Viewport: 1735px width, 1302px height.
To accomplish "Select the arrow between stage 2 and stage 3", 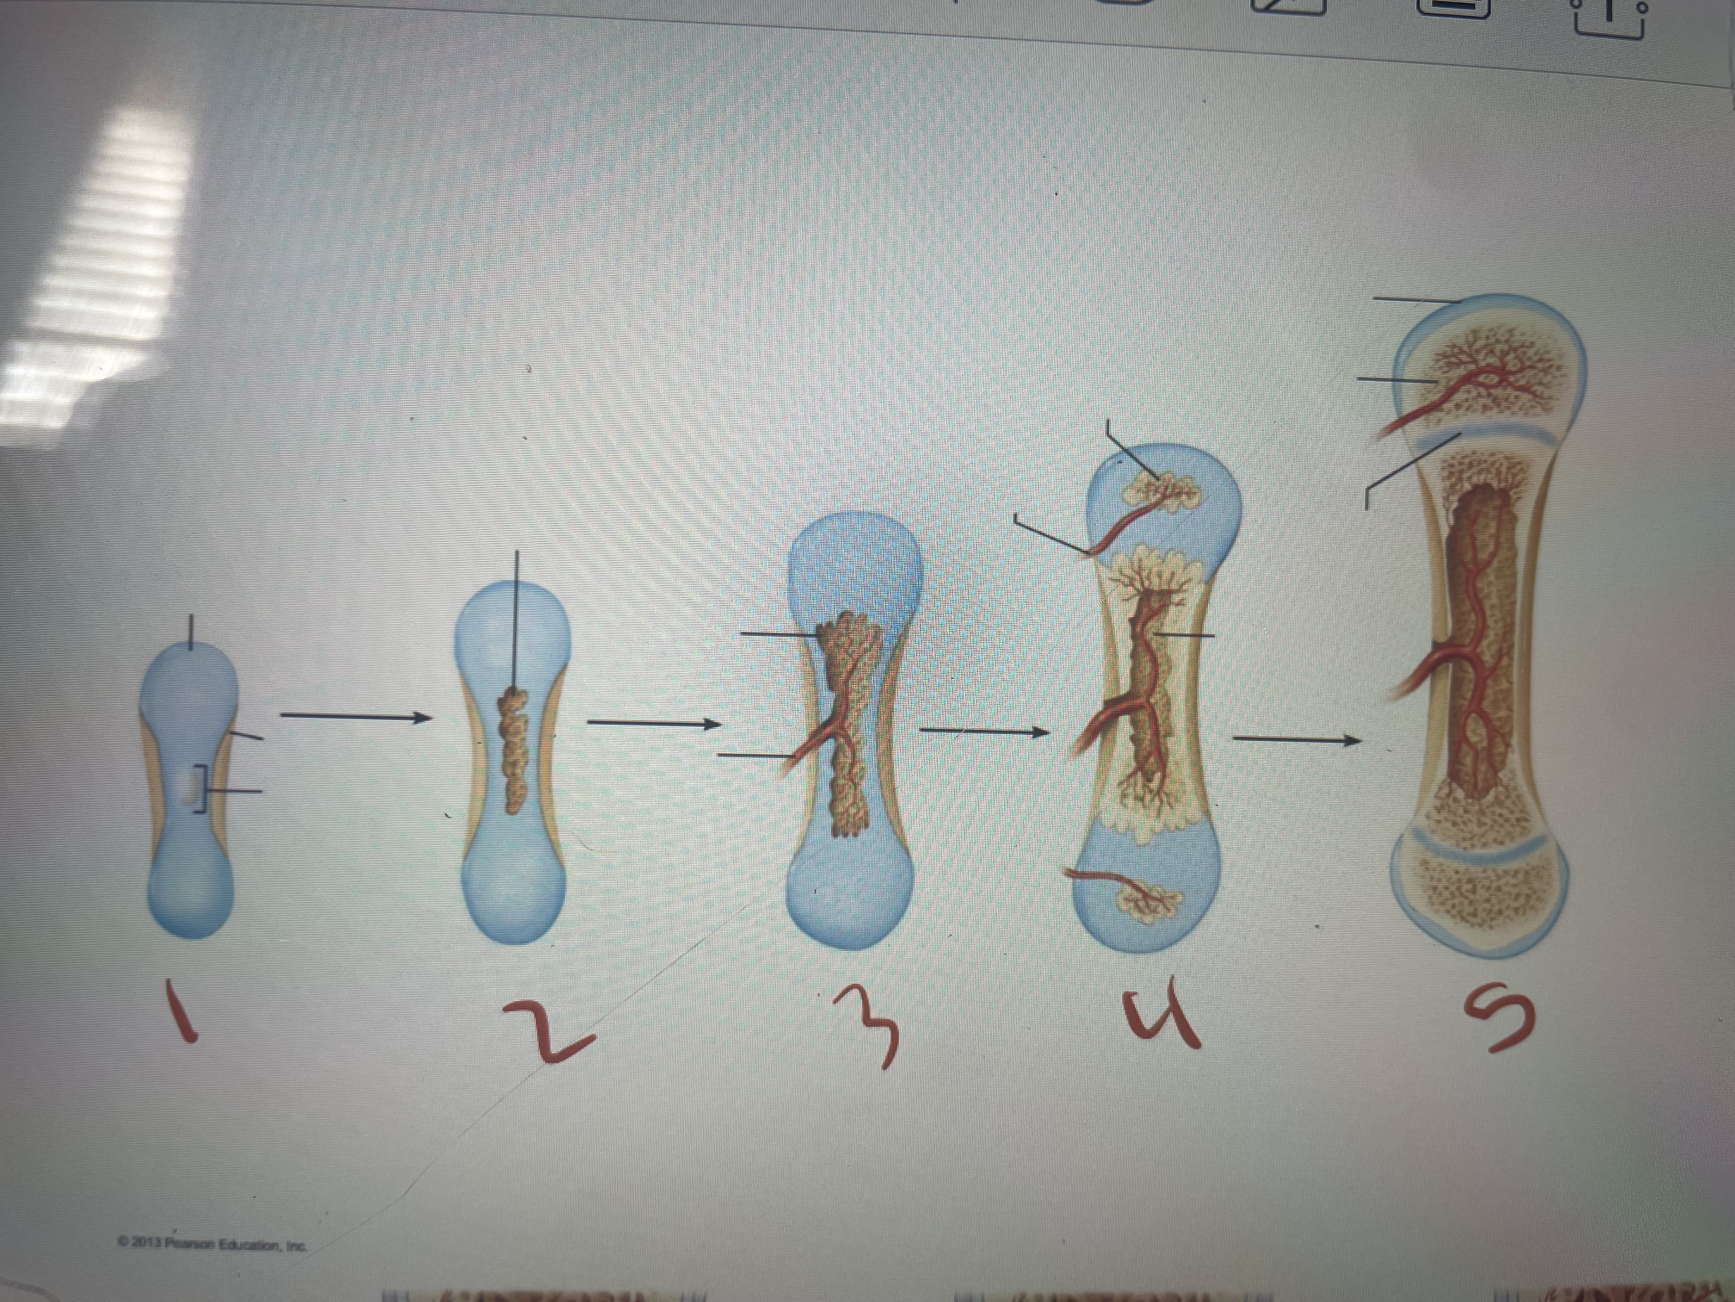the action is (x=653, y=724).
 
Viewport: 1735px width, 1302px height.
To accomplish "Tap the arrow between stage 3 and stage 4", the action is (x=985, y=732).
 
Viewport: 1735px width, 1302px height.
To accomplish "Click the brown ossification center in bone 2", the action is (x=514, y=750).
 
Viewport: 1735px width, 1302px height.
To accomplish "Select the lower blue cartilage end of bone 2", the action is (x=514, y=879).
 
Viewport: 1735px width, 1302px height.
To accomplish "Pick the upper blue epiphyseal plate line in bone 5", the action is (x=1475, y=436).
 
